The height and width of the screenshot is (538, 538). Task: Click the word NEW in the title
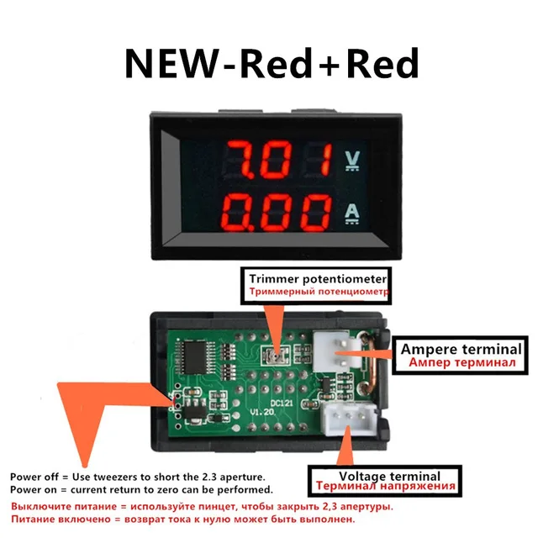(x=171, y=64)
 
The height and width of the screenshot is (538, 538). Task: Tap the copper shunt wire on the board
(x=364, y=370)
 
